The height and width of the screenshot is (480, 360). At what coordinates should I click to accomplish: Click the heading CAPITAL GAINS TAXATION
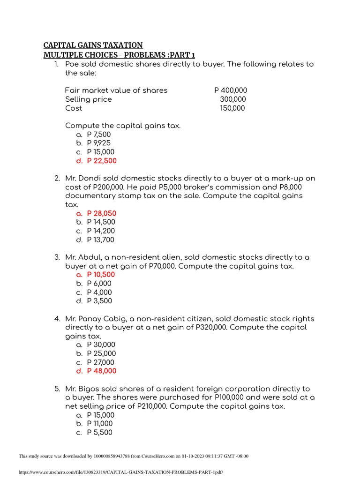click(x=93, y=45)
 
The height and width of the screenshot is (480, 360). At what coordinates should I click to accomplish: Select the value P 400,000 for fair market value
click(x=231, y=90)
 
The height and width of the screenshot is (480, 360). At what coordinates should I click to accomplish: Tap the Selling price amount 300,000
click(x=233, y=99)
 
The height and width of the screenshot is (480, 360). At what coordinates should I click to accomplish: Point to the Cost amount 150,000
click(x=232, y=108)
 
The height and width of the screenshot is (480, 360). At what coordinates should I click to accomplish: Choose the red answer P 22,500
click(x=102, y=161)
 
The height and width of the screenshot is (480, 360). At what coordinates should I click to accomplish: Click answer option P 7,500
click(x=99, y=135)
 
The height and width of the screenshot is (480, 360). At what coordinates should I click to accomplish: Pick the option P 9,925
click(x=99, y=143)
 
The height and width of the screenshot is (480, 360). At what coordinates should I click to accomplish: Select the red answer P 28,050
click(x=102, y=213)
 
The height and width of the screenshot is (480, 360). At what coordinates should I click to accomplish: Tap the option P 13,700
click(x=101, y=240)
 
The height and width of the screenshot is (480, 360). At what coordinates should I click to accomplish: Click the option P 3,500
click(x=99, y=301)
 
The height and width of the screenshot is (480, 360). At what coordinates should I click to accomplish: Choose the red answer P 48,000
click(x=102, y=371)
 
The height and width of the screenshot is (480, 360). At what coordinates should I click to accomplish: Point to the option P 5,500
click(x=99, y=433)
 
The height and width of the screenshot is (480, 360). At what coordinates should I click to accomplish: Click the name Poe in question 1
click(x=72, y=64)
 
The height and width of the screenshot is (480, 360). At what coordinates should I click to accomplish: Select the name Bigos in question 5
click(x=89, y=389)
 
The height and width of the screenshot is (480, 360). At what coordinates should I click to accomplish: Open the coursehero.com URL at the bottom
click(x=121, y=472)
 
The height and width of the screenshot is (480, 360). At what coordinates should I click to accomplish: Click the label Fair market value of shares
click(x=116, y=90)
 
